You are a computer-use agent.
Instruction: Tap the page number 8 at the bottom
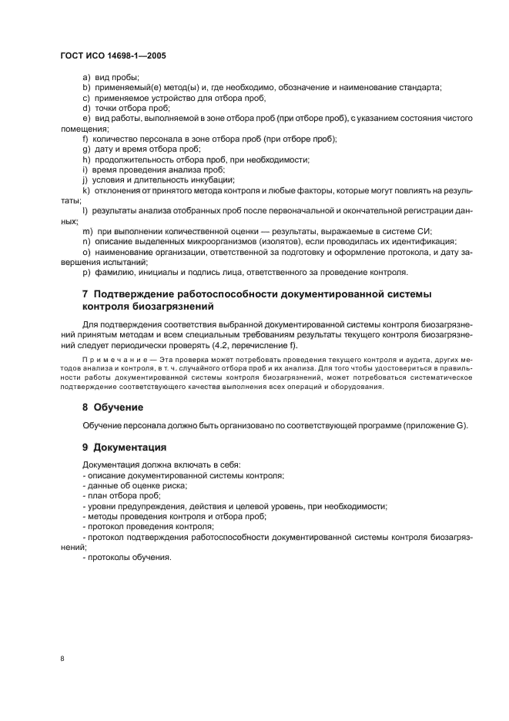click(62, 659)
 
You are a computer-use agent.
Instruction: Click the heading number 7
click(85, 294)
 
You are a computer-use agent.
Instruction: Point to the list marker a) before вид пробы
click(86, 79)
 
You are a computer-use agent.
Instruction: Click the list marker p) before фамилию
click(86, 272)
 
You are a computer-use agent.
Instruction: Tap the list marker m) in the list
click(87, 231)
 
